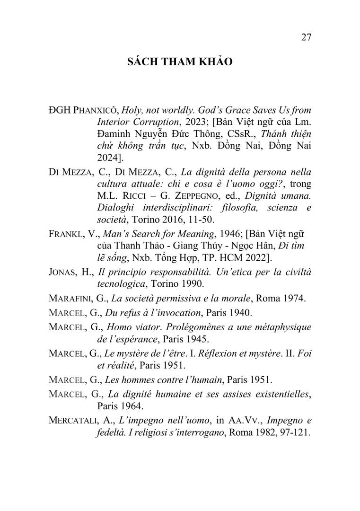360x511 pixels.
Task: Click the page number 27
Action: pos(306,38)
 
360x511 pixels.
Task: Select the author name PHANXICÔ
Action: pos(95,110)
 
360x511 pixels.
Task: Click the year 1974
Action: pos(297,298)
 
